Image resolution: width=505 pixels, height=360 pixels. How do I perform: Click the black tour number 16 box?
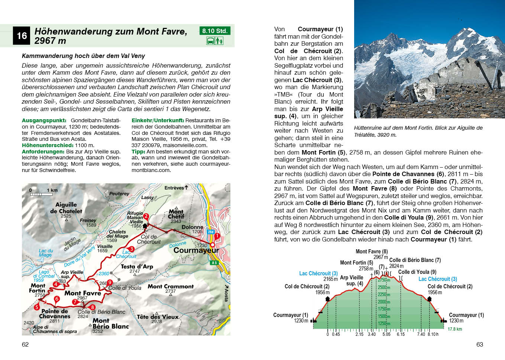[22, 36]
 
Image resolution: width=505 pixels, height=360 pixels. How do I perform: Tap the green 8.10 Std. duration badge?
[215, 31]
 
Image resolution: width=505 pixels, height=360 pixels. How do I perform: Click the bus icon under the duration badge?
[210, 40]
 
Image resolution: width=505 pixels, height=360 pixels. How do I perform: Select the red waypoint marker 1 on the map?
[217, 236]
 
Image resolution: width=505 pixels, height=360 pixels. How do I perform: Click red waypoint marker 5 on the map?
[37, 307]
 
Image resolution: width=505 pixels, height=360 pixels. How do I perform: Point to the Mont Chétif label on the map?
[176, 214]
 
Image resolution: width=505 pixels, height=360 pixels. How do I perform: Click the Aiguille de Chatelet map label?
[66, 208]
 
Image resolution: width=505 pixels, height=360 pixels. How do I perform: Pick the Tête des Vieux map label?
[158, 317]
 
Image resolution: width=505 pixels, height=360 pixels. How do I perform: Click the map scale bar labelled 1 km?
[42, 192]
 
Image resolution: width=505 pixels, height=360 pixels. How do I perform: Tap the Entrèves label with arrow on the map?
[176, 188]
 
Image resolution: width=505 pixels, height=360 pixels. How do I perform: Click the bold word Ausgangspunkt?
[44, 120]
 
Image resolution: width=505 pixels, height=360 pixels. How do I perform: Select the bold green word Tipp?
[138, 152]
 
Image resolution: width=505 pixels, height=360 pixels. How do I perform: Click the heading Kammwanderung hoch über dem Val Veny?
[83, 56]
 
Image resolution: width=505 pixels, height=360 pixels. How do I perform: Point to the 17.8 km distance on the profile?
[454, 329]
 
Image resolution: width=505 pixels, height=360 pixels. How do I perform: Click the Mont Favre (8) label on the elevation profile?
[372, 252]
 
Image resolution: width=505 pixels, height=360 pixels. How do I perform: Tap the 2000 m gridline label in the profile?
[384, 302]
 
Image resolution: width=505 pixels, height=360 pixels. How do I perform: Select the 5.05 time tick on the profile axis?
[386, 334]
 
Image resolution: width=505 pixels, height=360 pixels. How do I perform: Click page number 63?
[479, 344]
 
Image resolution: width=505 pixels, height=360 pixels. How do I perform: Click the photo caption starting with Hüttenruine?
[418, 131]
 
